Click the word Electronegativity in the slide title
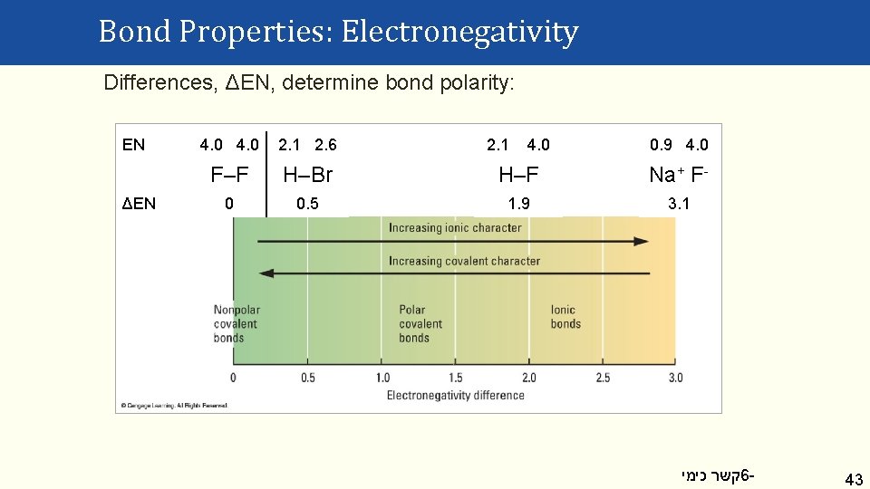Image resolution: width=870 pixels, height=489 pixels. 459,33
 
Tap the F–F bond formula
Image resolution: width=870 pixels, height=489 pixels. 229,174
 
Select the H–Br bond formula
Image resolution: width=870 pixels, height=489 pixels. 308,174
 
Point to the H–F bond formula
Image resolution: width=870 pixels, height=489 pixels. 518,174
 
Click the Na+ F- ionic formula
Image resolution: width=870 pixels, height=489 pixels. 679,174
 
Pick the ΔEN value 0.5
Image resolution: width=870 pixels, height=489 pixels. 308,204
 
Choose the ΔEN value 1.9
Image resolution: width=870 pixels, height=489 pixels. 518,204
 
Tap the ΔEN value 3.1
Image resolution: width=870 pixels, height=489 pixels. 679,204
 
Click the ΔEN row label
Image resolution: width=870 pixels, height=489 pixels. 139,204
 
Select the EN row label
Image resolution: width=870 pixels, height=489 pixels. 133,145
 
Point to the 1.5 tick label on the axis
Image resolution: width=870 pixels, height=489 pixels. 455,378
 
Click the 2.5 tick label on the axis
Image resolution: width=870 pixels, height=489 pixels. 603,378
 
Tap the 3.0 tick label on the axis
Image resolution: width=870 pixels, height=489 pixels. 675,378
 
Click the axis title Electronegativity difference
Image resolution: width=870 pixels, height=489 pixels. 455,395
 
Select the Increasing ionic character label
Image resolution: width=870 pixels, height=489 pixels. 455,227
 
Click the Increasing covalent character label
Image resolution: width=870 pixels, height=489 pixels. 464,261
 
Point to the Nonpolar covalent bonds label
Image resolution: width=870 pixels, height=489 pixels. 236,323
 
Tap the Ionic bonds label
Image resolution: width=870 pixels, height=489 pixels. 565,317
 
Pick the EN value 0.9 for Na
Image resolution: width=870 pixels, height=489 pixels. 661,145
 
